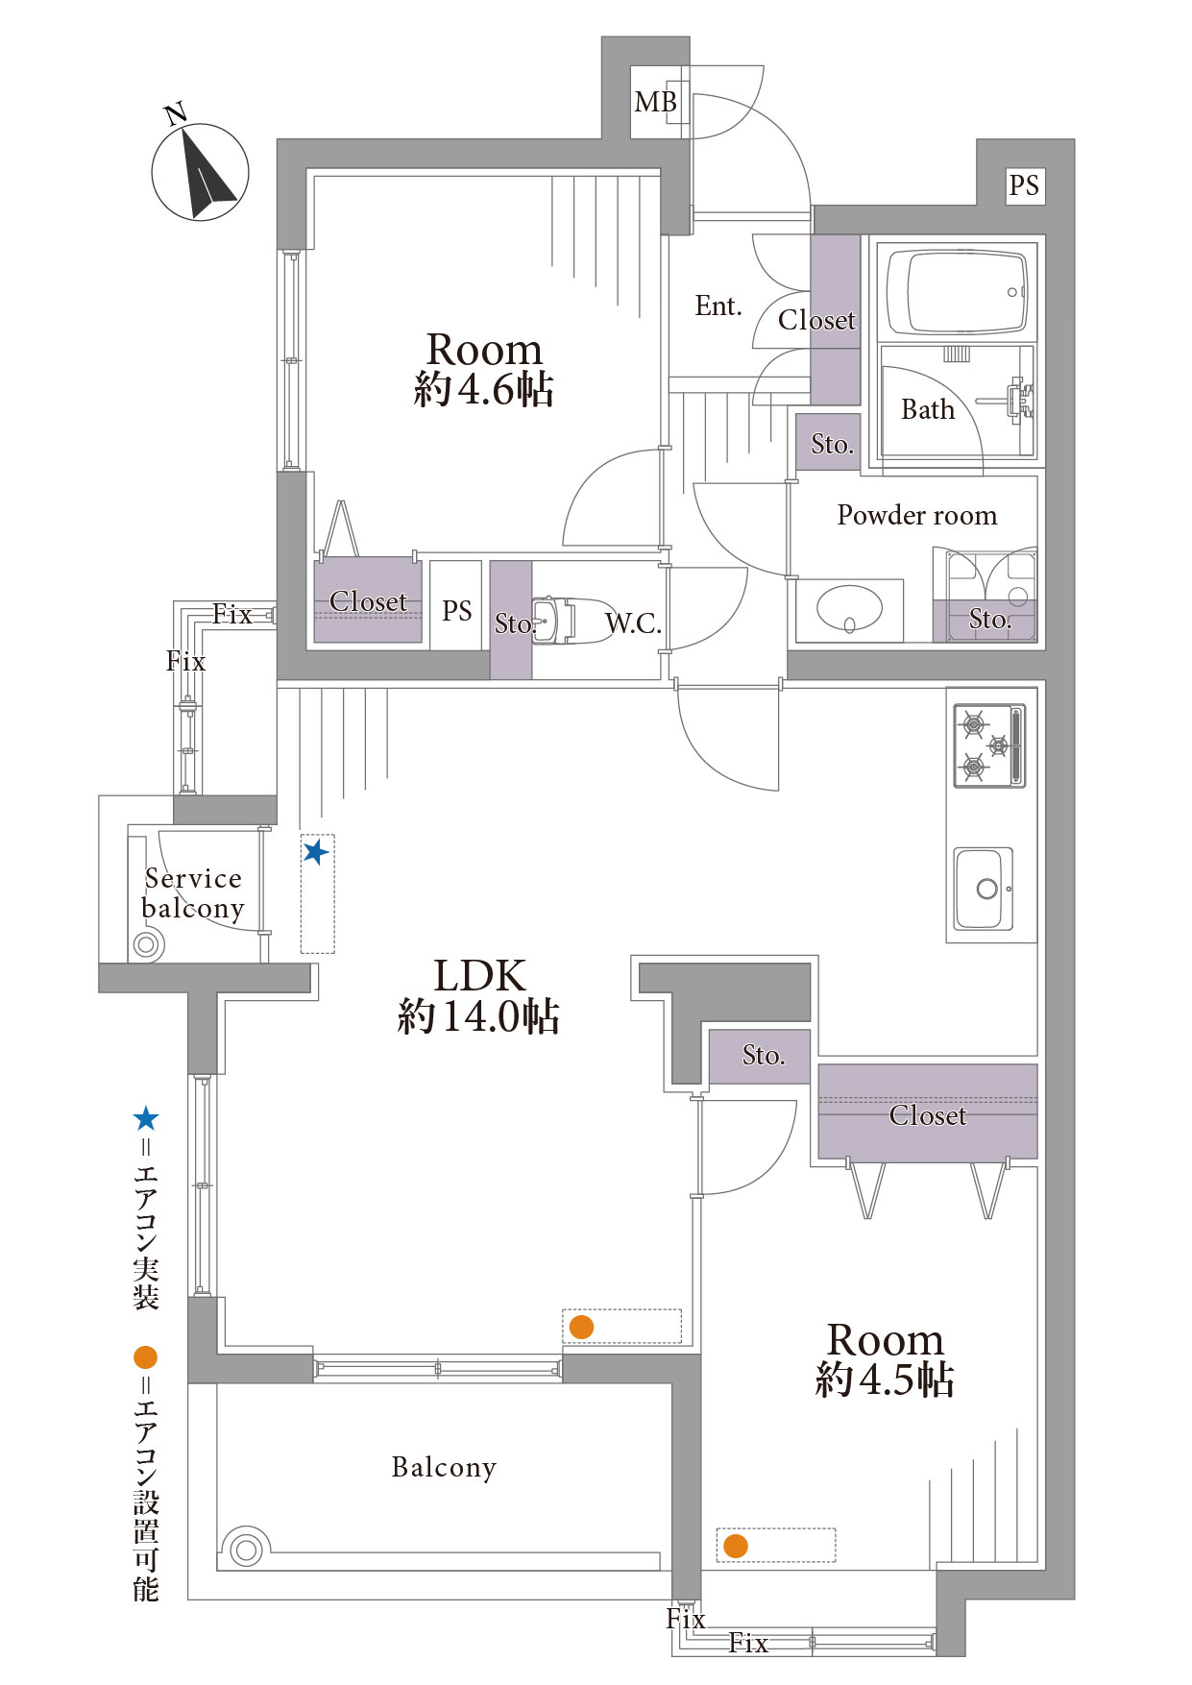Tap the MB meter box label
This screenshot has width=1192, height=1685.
point(655,102)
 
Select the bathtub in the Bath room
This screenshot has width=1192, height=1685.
point(957,291)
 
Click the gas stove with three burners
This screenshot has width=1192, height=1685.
point(989,745)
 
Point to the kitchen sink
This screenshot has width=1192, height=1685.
point(984,889)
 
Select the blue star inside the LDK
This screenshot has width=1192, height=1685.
point(315,852)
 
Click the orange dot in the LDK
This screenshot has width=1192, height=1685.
point(581,1327)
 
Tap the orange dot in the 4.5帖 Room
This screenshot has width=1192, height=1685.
point(735,1546)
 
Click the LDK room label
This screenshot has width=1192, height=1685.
point(479,976)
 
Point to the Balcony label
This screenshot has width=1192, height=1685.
point(444,1467)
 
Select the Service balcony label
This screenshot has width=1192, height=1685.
point(192,893)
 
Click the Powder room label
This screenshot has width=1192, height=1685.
point(917,515)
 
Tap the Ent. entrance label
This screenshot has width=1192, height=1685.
point(718,305)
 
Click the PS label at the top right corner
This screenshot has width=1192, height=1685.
point(1024,184)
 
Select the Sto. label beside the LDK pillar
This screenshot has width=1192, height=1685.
point(764,1055)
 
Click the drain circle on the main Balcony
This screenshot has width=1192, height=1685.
point(246,1550)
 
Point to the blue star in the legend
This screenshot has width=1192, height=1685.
point(146,1118)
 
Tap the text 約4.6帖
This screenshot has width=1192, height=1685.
point(483,389)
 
